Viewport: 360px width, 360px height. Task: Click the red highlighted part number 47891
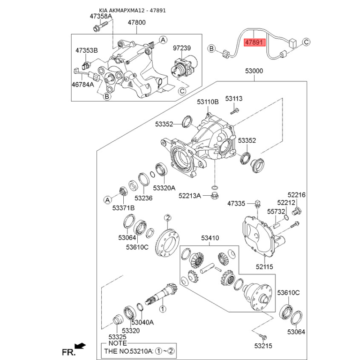(255, 43)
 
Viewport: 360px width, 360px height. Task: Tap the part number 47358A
(100, 17)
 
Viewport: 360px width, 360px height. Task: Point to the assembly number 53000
(254, 71)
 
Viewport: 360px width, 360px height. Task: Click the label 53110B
(207, 102)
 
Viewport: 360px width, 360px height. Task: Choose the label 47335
(236, 204)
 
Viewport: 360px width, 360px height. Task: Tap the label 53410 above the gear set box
(210, 238)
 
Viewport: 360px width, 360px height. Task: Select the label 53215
(263, 346)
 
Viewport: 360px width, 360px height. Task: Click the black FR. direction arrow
(80, 346)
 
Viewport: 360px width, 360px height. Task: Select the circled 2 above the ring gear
(167, 218)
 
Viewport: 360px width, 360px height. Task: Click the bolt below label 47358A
(97, 29)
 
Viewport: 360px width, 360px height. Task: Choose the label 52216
(297, 195)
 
